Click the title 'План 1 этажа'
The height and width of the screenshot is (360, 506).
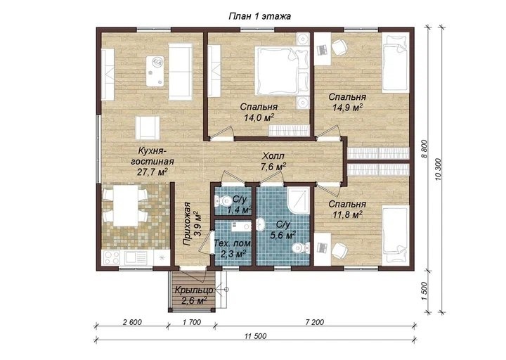click(259, 16)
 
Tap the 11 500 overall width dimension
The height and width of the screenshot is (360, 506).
click(256, 336)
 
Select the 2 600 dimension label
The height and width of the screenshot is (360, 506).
click(131, 322)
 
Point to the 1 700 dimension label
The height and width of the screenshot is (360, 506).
click(192, 322)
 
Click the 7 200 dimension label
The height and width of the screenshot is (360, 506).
click(315, 322)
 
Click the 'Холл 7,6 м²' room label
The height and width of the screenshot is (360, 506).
click(273, 162)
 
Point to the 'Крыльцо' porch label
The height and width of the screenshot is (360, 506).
click(194, 290)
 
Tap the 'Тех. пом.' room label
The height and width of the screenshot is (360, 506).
click(233, 243)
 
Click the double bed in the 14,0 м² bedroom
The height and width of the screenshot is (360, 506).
click(281, 71)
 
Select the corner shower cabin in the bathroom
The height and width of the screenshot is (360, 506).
click(299, 200)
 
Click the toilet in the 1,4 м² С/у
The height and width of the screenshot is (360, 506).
click(221, 202)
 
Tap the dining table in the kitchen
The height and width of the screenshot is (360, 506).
click(126, 207)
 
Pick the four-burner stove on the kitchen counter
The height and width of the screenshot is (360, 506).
click(112, 257)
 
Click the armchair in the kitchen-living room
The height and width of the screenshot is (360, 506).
click(148, 128)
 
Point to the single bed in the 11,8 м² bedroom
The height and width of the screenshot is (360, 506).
click(396, 236)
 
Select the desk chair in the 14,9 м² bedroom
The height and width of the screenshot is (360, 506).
click(339, 47)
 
